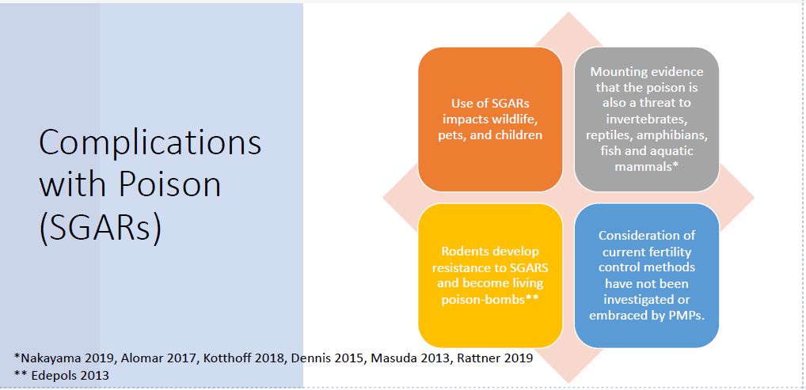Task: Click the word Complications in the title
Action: [150, 143]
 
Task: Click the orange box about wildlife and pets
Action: [490, 119]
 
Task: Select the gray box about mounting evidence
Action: [646, 119]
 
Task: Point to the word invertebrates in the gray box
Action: [646, 119]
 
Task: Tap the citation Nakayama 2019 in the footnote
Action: [67, 358]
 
